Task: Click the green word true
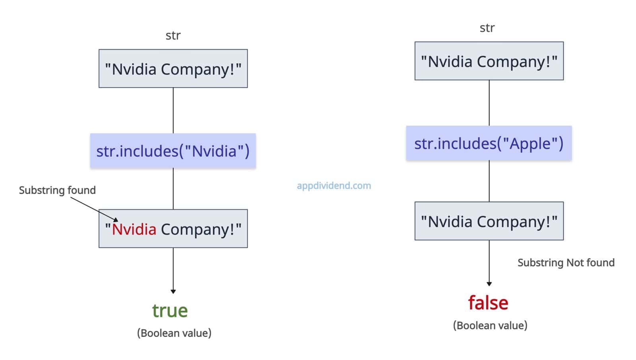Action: [170, 311]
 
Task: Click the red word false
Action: [488, 303]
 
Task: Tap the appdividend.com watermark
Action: [334, 185]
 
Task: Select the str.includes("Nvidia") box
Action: [173, 151]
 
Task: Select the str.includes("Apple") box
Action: [489, 144]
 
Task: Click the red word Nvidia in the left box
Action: [134, 229]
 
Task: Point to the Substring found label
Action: [57, 190]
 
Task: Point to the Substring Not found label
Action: [566, 263]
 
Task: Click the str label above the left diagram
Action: [173, 35]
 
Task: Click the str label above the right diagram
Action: [487, 28]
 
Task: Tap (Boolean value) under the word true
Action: [174, 333]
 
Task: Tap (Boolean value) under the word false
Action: [490, 325]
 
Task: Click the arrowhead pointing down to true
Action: [173, 292]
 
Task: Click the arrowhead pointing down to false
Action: [489, 284]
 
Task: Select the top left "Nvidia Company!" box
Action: [173, 69]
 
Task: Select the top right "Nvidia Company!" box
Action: [489, 61]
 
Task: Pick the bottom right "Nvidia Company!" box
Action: [489, 221]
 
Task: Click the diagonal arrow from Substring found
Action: [94, 208]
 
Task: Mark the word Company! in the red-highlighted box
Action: [198, 230]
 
